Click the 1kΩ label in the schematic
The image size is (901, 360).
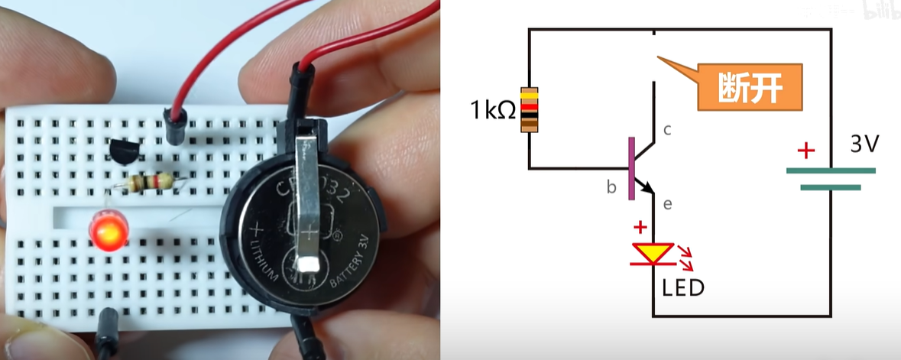492,112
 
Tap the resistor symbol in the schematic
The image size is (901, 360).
530,110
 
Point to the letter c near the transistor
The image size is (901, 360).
666,130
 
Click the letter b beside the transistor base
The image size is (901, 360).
611,186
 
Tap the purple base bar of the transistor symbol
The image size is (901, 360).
631,168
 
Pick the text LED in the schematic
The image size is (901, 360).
682,288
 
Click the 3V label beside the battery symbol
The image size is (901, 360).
866,143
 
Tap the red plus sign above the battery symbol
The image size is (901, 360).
805,151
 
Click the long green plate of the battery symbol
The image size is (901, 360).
830,170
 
